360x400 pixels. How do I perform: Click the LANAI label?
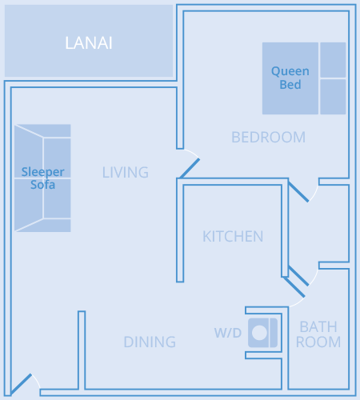coord(89,43)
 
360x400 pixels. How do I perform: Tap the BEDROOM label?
coord(268,138)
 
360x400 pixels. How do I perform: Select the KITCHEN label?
coord(233,236)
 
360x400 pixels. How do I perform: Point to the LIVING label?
coord(126,172)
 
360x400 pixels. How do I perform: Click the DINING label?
coord(150,342)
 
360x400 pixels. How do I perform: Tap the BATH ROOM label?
coord(318,334)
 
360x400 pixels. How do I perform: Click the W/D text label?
coord(228,333)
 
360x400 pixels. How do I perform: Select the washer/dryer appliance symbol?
coord(263,333)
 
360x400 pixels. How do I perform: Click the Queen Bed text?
coord(290,78)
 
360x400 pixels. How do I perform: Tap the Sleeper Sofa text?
coord(42,178)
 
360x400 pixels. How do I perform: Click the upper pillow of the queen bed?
coord(333,60)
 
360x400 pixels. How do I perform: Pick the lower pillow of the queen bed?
coord(333,97)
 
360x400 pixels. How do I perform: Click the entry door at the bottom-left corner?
coord(22,384)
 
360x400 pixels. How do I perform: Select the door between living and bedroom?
coord(190,168)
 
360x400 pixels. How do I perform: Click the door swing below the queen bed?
coord(298,192)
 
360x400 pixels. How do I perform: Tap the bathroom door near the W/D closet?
coord(294,287)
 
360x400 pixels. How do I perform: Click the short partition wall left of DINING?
coord(82,350)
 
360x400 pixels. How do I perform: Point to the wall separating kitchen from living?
coord(180,230)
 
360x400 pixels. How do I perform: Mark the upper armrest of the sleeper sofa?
coord(42,130)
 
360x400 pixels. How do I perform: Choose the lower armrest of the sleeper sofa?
coord(42,226)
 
